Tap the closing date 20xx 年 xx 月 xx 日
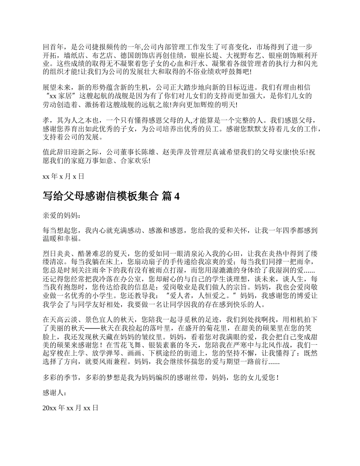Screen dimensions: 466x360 71,408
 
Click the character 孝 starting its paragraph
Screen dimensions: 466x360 46,120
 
